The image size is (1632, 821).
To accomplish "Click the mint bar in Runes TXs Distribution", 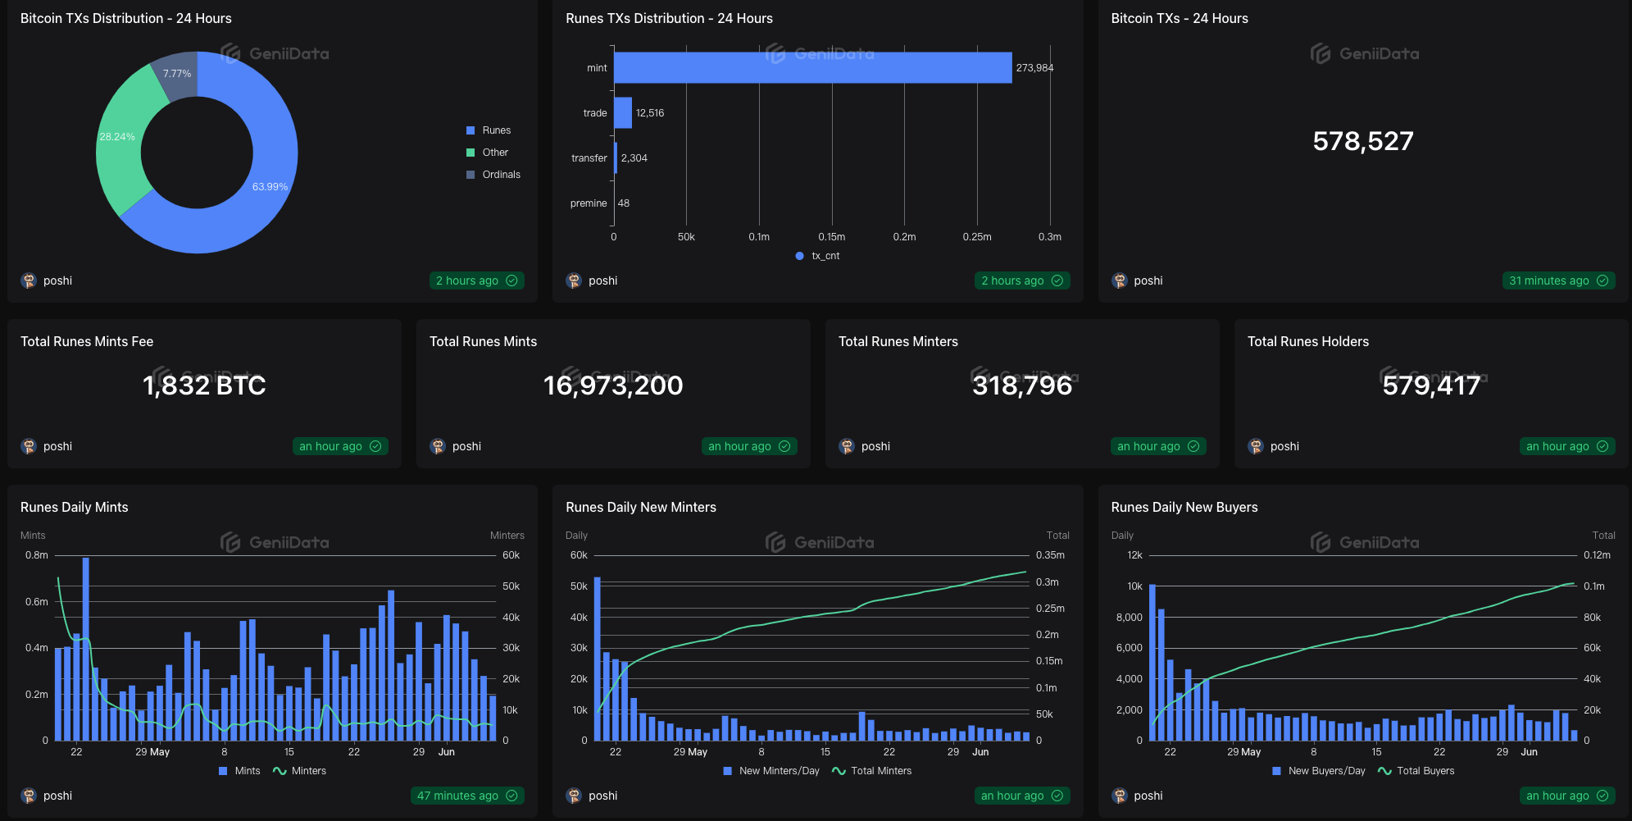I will pos(811,68).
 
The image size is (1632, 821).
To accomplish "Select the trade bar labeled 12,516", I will pos(623,113).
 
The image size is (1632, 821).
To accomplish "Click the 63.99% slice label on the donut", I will pos(270,187).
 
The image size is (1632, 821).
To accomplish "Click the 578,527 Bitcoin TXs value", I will pos(1362,141).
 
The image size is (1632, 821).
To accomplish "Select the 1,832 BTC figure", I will pos(204,385).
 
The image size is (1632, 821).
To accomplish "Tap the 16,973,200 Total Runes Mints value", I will pos(613,385).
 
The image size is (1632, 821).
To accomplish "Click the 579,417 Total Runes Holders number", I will pos(1431,385).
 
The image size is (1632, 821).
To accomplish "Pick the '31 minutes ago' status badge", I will pos(1557,281).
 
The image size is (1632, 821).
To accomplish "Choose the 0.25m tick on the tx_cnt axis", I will pos(977,237).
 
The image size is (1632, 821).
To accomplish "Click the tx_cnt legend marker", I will pos(799,256).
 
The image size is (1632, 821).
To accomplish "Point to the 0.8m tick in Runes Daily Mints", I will pos(37,555).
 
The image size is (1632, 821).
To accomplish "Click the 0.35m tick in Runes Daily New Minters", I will pos(1050,555).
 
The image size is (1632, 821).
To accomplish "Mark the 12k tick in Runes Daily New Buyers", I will pos(1134,555).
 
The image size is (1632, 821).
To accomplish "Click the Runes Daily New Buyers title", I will pos(1184,508).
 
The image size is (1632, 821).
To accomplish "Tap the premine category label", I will pos(589,203).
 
